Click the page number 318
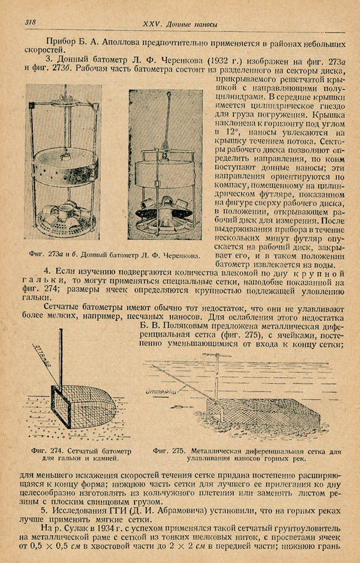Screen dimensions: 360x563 coord(30,23)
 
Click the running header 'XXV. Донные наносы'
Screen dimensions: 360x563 coord(180,24)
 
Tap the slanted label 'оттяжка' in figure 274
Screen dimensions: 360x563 coord(43,355)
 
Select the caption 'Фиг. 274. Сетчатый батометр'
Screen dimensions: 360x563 coord(81,451)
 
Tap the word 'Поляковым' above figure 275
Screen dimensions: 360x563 coord(182,327)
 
